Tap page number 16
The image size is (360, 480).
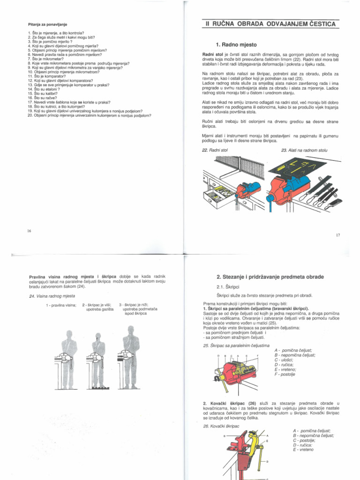pos(29,230)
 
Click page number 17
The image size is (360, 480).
pos(337,235)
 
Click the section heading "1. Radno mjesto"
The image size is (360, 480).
pos(236,45)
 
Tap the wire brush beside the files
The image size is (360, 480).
pos(334,202)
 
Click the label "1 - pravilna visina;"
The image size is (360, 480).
pos(61,305)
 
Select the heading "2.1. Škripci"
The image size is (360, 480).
pos(228,287)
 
